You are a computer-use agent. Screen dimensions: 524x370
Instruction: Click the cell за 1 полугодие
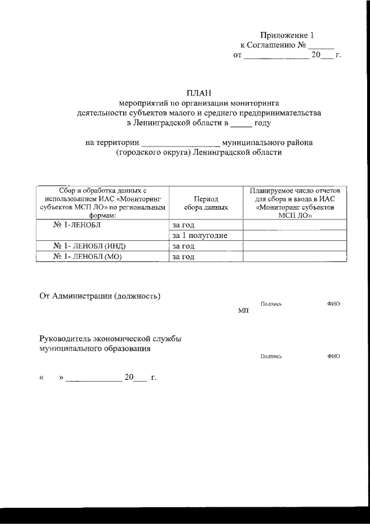[x=199, y=236]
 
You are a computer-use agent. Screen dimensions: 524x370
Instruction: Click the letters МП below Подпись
[x=243, y=311]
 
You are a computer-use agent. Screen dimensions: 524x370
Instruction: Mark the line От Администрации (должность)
[x=99, y=296]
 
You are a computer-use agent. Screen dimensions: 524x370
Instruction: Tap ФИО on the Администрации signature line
[x=333, y=304]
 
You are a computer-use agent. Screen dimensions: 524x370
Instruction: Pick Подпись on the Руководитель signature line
[x=271, y=356]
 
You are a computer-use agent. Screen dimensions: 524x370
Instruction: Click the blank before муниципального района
[x=180, y=142]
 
